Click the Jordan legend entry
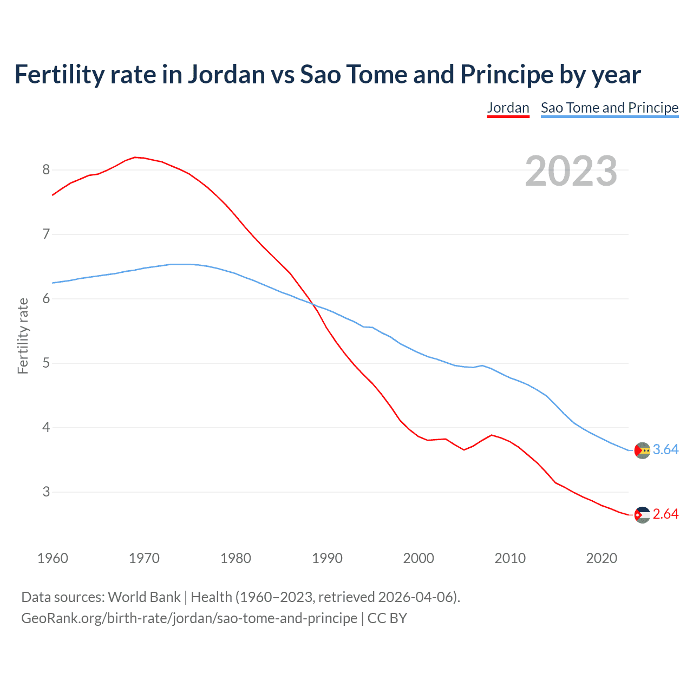[508, 108]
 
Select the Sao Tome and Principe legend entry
[609, 108]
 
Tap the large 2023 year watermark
[571, 171]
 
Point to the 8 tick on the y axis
[46, 170]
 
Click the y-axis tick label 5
[46, 363]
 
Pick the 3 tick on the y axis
[46, 492]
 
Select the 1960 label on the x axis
[53, 558]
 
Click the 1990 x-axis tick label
[327, 558]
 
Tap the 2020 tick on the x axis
[602, 558]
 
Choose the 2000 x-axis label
[419, 558]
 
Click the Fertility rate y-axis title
[23, 336]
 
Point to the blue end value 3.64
[665, 450]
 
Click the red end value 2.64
[665, 514]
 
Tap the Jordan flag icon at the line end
[642, 515]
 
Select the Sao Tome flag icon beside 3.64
[642, 450]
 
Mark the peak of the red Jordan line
[135, 157]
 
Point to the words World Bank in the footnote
[144, 597]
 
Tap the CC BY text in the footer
[387, 618]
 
